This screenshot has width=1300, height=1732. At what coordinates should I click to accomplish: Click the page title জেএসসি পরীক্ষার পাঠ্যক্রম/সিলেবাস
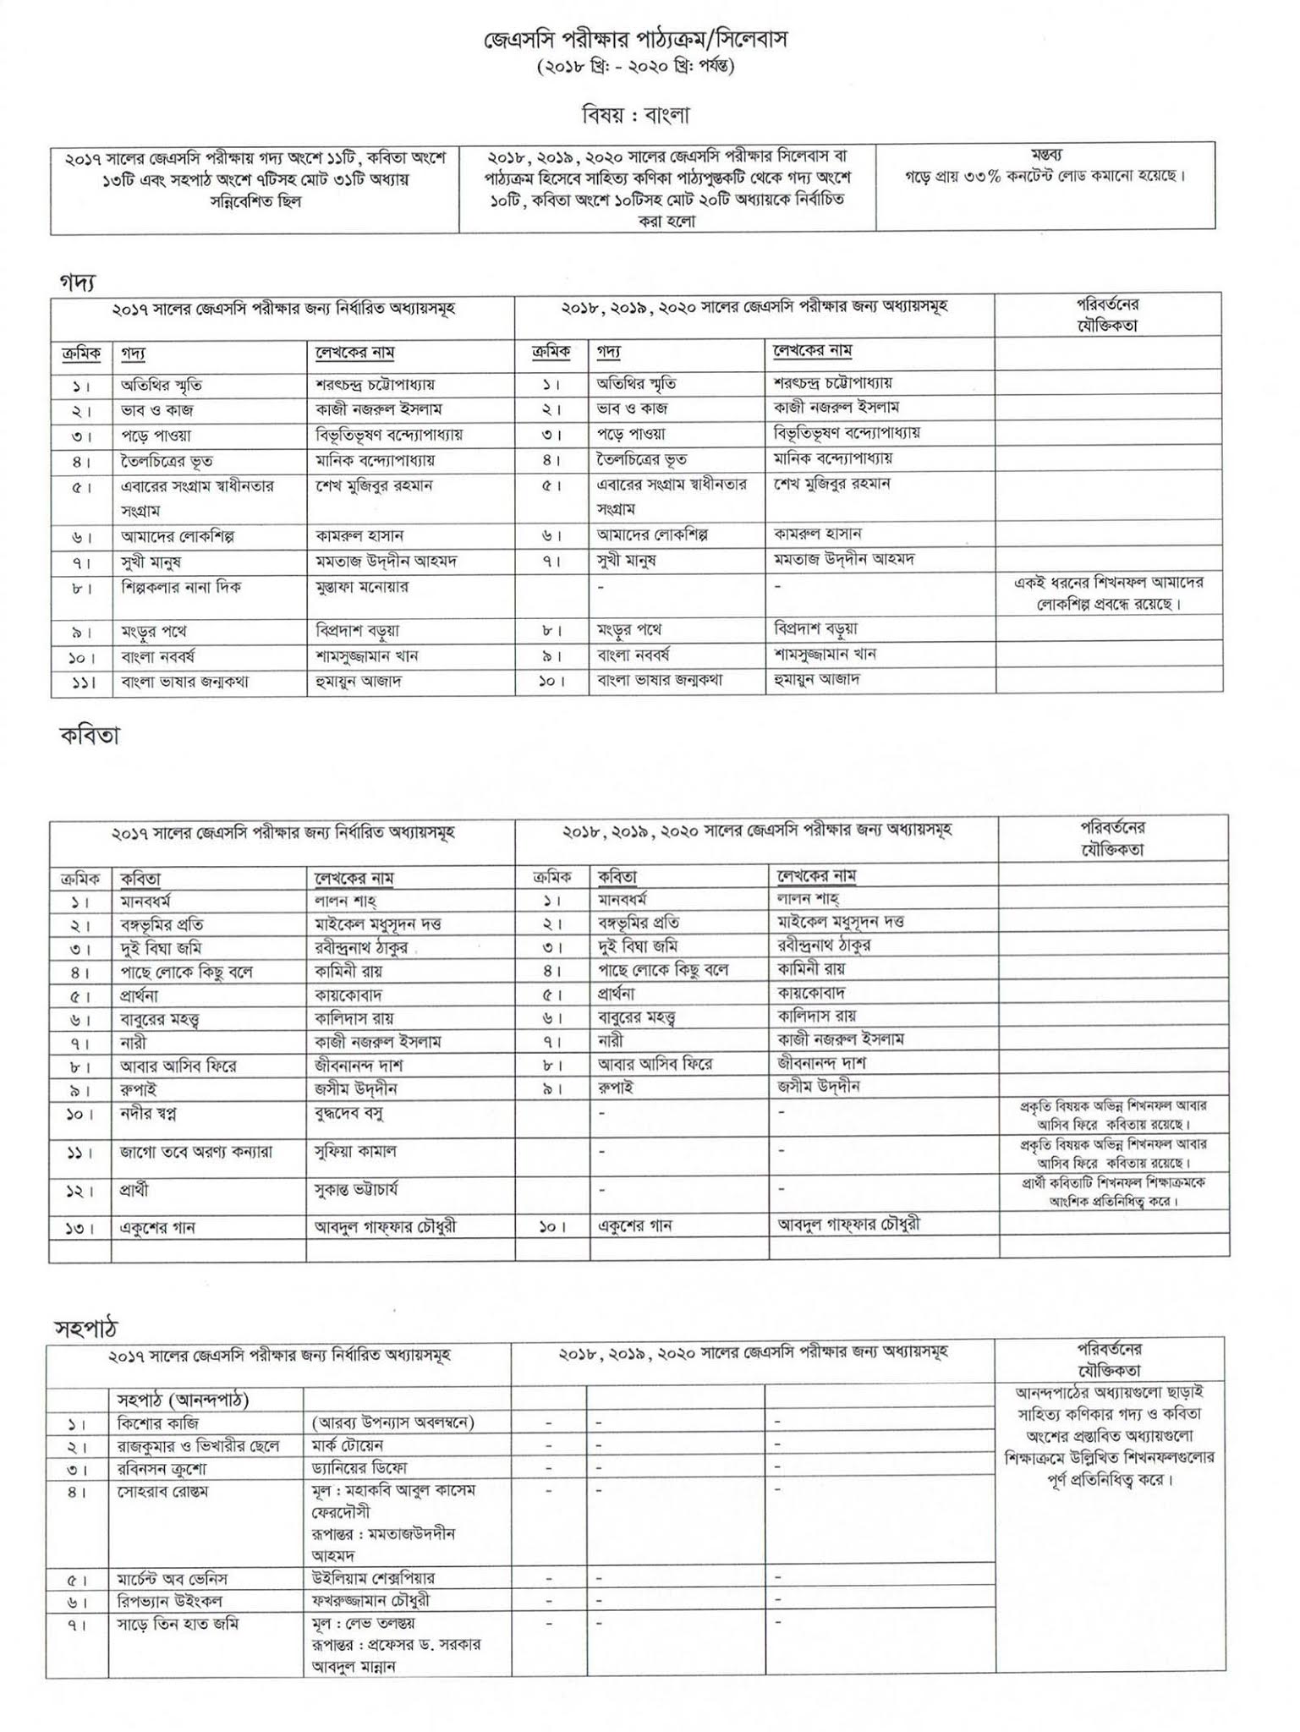628,40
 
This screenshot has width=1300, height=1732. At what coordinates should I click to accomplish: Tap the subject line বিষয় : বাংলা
628,112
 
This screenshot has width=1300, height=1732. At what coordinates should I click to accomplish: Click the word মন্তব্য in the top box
1046,155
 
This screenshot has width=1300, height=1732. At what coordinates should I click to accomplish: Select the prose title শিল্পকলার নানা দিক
181,587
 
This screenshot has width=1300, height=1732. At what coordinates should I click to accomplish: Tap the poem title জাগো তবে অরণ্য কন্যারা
196,1151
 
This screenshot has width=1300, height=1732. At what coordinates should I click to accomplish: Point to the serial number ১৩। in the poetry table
81,1227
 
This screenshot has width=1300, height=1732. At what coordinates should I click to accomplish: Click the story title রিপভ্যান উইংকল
171,1601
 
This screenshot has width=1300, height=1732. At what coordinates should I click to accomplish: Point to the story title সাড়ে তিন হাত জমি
178,1624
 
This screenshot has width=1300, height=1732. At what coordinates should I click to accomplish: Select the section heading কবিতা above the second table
90,736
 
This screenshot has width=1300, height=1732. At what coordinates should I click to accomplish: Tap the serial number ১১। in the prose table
81,682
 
